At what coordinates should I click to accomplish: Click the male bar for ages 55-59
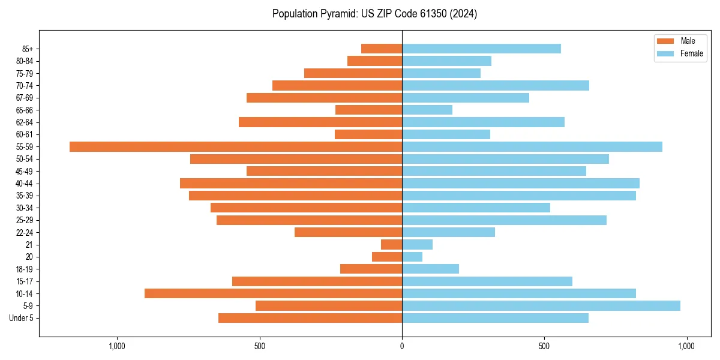tap(236, 146)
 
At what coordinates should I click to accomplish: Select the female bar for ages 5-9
tap(541, 305)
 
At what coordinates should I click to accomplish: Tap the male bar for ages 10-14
tap(273, 293)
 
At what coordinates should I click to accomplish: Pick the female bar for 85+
tap(481, 49)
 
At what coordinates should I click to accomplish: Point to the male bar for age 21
tap(391, 244)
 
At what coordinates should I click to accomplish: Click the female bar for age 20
tap(412, 257)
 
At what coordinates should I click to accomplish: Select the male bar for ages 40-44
tap(291, 183)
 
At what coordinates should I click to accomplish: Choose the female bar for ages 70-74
tap(495, 85)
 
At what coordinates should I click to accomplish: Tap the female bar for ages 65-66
tap(427, 110)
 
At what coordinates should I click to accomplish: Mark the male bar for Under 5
tap(310, 318)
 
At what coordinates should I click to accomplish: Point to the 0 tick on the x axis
tap(402, 346)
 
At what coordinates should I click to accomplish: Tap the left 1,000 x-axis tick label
tap(116, 346)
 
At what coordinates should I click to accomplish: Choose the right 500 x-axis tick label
tap(544, 346)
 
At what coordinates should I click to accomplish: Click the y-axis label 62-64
tap(24, 122)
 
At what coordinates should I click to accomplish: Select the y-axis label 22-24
tap(24, 232)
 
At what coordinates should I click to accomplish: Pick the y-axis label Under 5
tap(21, 318)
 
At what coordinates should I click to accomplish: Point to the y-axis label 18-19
tap(24, 269)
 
